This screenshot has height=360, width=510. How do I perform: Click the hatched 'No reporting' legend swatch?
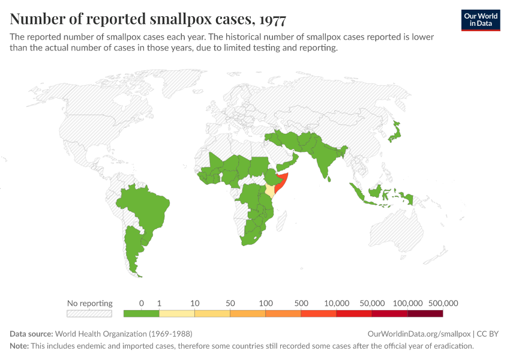89,313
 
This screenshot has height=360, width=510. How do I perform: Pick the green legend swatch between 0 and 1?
141,313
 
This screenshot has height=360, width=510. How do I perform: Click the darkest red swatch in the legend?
425,313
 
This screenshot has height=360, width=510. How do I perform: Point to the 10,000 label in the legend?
337,303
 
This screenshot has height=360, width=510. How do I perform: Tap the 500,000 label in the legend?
443,303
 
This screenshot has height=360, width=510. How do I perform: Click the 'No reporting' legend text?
89,303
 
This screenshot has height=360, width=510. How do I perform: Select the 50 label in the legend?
230,303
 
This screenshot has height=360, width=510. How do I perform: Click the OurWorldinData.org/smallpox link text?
419,334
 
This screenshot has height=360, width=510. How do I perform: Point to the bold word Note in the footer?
20,346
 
